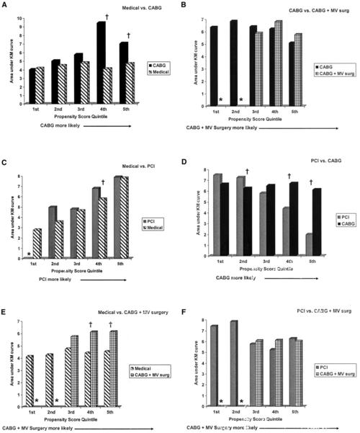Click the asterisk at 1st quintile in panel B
pos(220,99)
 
